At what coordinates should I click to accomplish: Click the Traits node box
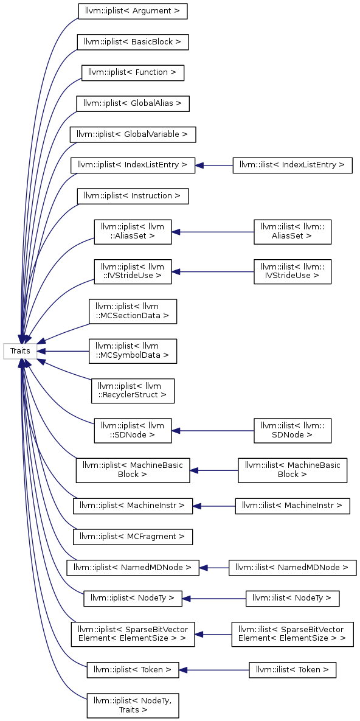coord(20,351)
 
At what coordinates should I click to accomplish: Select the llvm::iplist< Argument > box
coord(133,11)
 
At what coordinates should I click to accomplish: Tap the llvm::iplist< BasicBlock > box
coord(133,42)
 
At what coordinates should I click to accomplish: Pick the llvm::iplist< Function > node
coord(133,72)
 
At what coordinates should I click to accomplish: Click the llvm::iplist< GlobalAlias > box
coord(133,103)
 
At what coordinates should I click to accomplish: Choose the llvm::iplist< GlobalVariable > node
coord(133,134)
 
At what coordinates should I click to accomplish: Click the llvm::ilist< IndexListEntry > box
coord(292,165)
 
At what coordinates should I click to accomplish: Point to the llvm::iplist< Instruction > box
coord(133,196)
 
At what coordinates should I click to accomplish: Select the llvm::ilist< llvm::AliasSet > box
coord(292,231)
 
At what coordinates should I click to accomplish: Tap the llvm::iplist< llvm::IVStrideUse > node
coord(133,271)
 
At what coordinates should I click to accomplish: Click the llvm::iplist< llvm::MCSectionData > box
coord(133,312)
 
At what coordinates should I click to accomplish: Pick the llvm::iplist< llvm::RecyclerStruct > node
coord(133,391)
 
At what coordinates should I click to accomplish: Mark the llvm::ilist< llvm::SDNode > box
coord(292,431)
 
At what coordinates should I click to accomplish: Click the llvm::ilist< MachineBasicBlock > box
coord(292,470)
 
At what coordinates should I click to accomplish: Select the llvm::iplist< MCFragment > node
coord(133,537)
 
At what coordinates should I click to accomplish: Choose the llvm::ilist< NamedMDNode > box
coord(292,568)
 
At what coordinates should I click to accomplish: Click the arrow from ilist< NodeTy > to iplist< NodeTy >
coord(214,598)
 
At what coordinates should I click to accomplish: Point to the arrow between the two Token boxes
coord(214,670)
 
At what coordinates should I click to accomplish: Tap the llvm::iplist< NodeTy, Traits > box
coord(133,705)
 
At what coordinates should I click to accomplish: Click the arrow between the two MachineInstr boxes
coord(214,506)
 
